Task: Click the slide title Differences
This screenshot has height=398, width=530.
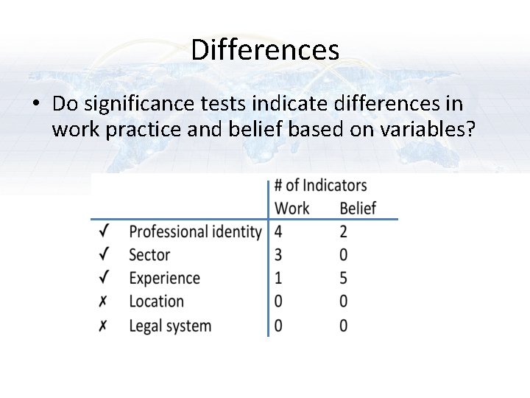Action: pyautogui.click(x=265, y=50)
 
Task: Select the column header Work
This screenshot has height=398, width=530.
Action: pyautogui.click(x=291, y=209)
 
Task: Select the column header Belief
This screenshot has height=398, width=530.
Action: pyautogui.click(x=358, y=209)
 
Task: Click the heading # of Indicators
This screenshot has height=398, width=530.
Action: pyautogui.click(x=320, y=185)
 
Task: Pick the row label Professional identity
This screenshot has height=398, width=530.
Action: pyautogui.click(x=195, y=232)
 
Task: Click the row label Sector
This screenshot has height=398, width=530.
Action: pyautogui.click(x=149, y=255)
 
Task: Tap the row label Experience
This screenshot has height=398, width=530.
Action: pyautogui.click(x=164, y=279)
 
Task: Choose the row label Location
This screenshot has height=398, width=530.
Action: pyautogui.click(x=156, y=301)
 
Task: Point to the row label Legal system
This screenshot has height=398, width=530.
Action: pyautogui.click(x=169, y=325)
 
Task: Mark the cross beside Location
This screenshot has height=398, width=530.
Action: pyautogui.click(x=104, y=301)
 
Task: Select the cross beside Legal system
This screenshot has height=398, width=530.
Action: pyautogui.click(x=104, y=325)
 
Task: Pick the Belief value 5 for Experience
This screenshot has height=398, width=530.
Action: pyautogui.click(x=344, y=279)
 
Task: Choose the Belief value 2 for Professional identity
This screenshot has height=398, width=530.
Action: pyautogui.click(x=344, y=232)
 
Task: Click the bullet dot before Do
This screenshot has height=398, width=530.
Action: pyautogui.click(x=35, y=105)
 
